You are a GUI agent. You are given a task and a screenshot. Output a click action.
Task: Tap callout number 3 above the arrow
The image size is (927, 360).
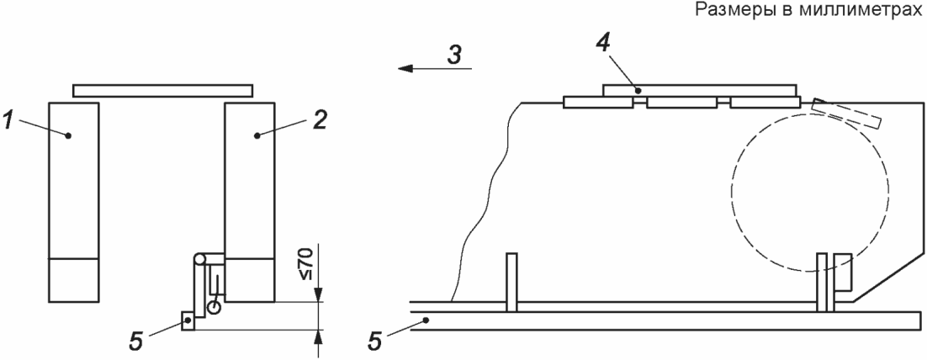pos(453,55)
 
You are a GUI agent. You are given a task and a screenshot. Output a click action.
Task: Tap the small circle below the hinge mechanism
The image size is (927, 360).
pos(215,308)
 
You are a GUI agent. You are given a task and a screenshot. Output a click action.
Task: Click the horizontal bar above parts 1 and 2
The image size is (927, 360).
pos(162,89)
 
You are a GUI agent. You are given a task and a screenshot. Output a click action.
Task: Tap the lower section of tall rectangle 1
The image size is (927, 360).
pos(74,280)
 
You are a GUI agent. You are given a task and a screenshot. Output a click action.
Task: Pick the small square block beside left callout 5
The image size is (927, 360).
pos(188,321)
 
